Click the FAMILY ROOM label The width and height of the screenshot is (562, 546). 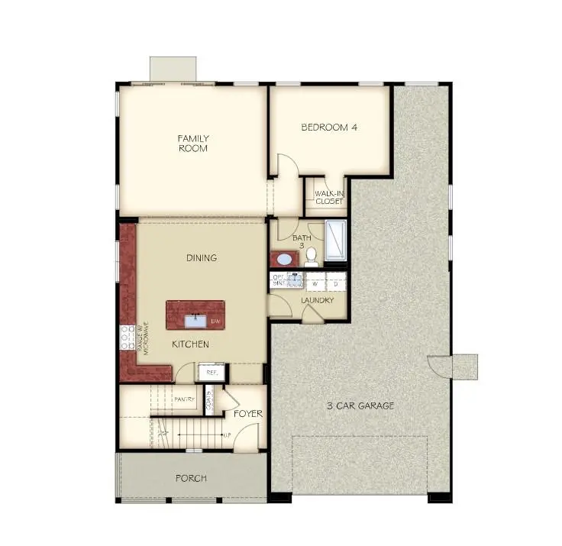coord(193,144)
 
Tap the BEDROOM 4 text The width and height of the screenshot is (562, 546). coord(329,128)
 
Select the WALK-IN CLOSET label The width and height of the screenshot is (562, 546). coord(328,198)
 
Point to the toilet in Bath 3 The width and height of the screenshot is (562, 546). coord(311,258)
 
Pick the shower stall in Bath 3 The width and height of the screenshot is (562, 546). coord(336,240)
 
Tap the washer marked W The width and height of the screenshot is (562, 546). coord(314,283)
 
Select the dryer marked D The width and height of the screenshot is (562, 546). coord(336,283)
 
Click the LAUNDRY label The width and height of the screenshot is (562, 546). coord(318,300)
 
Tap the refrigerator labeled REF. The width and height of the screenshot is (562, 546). coord(212,373)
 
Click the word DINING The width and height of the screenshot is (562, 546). coord(202,258)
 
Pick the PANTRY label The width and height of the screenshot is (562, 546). coord(184,399)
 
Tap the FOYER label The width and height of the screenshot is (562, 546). coord(247,414)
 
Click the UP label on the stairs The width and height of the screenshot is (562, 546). coord(226,435)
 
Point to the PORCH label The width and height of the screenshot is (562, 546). coord(190,479)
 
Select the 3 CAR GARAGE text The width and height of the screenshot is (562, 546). coord(360,405)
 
